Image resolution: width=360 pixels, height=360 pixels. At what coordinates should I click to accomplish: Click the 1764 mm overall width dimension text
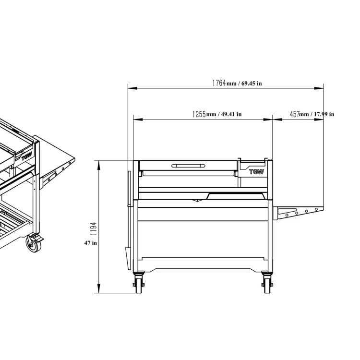click(x=237, y=83)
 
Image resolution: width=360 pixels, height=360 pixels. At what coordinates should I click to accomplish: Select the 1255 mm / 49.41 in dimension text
click(x=217, y=114)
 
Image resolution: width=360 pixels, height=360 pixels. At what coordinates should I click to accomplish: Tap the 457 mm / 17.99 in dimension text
click(x=312, y=114)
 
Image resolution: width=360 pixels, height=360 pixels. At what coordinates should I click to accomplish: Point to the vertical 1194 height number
click(x=94, y=228)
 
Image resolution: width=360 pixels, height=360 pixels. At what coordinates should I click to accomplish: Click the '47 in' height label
click(x=90, y=243)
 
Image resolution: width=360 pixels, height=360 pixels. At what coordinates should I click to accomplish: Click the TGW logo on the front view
click(x=256, y=172)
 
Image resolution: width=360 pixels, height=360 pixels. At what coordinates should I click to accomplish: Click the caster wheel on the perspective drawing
click(x=34, y=244)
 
